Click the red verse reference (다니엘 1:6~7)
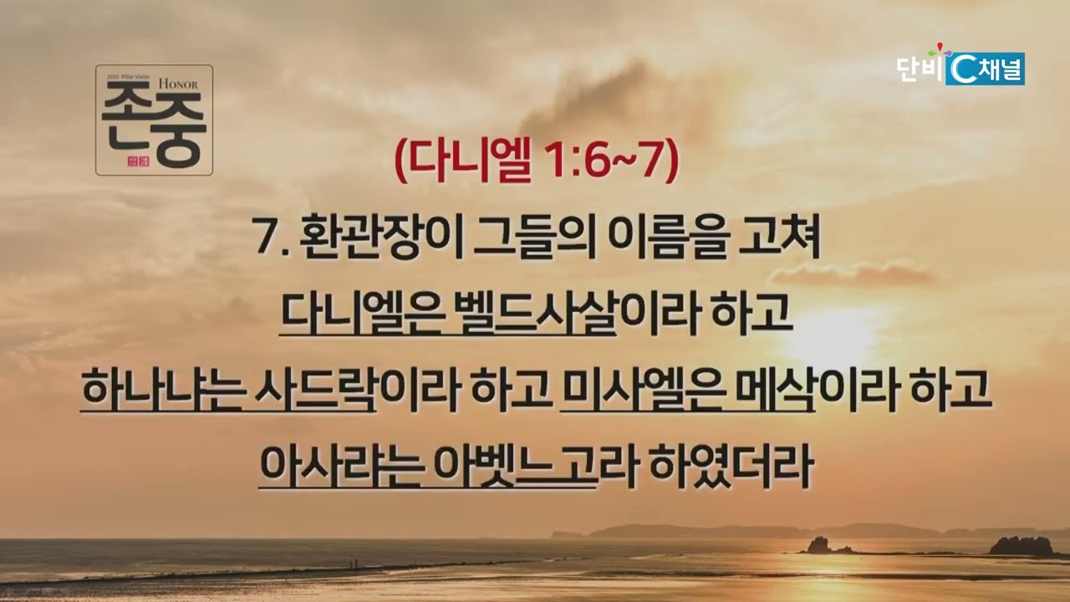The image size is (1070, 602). coord(537,161)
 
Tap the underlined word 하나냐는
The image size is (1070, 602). coord(162,390)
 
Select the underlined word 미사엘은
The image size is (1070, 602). coord(640,390)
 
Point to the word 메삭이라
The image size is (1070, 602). coord(817,390)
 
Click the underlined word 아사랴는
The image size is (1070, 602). coord(342,466)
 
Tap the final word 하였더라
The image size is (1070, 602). coord(730,466)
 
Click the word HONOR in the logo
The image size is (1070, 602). coord(178,84)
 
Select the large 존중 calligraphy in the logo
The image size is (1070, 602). coord(154,125)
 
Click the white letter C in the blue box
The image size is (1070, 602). coord(962,69)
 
